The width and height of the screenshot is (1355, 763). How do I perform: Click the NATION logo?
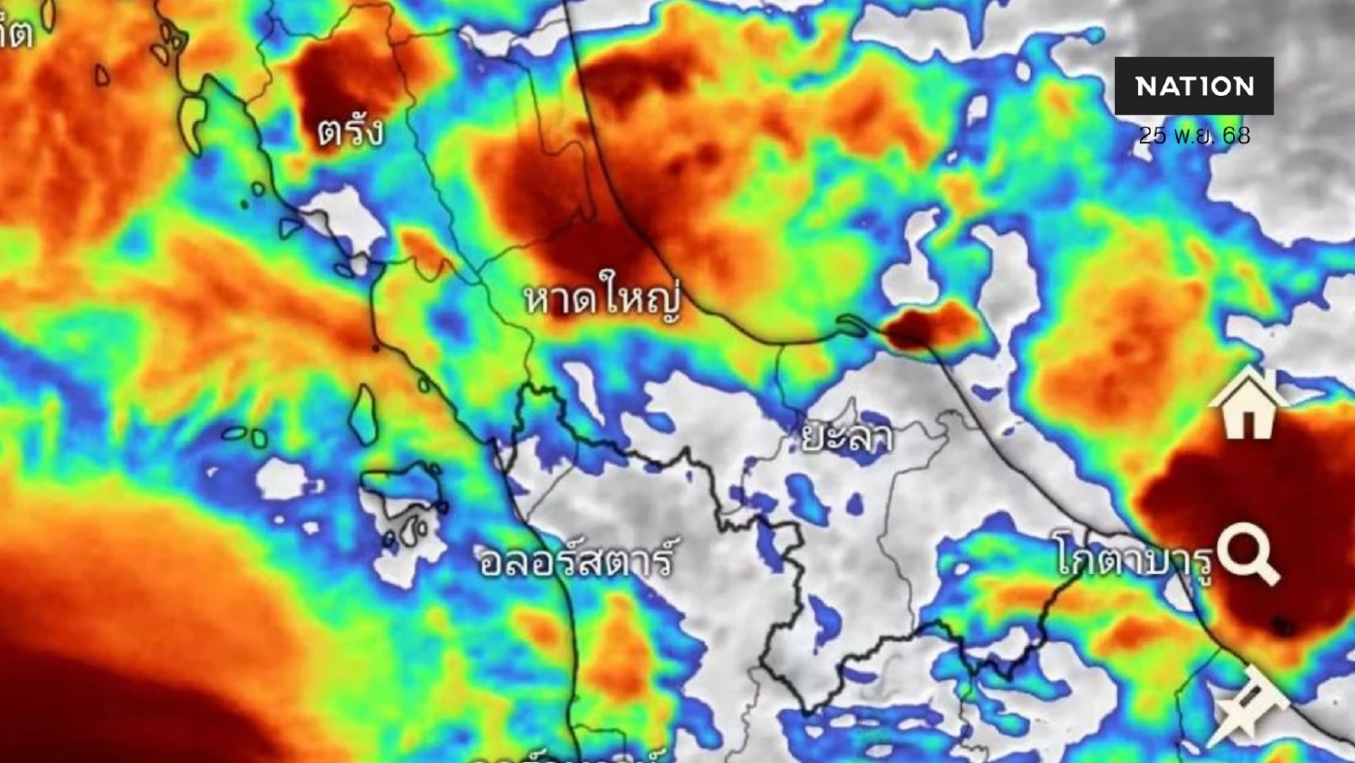tap(1193, 86)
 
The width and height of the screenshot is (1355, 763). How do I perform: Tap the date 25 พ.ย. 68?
tap(1193, 136)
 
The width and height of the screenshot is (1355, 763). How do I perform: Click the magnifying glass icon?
tap(1249, 553)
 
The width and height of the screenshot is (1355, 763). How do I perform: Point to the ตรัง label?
tap(350, 132)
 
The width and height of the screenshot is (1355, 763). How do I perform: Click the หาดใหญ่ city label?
tap(602, 299)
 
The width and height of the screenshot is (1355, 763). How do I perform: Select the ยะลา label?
tap(847, 438)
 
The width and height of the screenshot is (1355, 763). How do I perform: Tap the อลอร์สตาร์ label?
tap(576, 561)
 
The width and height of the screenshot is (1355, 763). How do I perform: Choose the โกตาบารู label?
tap(1134, 560)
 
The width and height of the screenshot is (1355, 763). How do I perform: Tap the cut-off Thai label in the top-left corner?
tap(15, 33)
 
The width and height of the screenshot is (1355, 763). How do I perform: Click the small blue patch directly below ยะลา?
tap(806, 500)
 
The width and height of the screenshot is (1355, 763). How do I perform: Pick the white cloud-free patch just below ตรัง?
tap(344, 218)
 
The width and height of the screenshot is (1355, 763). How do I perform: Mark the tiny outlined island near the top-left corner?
tap(102, 75)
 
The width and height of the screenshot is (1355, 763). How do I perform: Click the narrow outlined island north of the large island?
tap(364, 413)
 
